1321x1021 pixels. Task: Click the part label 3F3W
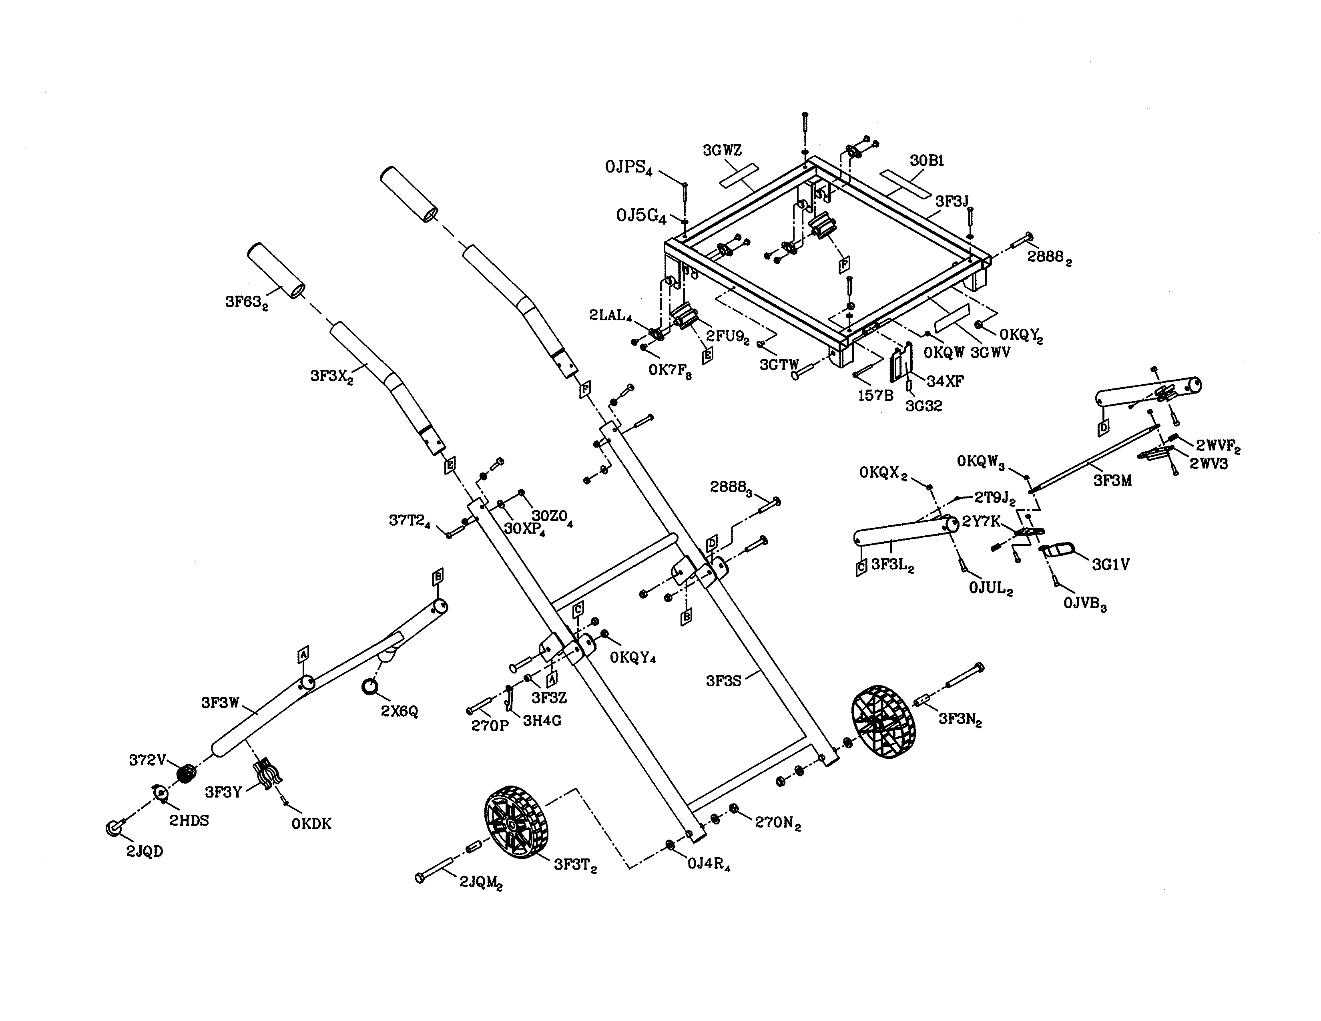pos(220,703)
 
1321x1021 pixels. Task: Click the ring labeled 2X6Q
pos(369,687)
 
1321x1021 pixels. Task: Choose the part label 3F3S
pos(723,681)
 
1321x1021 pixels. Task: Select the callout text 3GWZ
pos(722,150)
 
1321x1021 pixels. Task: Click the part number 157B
pos(875,396)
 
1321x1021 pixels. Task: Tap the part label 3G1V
pos(1110,564)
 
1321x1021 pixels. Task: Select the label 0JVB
pos(1084,604)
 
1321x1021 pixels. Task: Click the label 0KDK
pos(311,824)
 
